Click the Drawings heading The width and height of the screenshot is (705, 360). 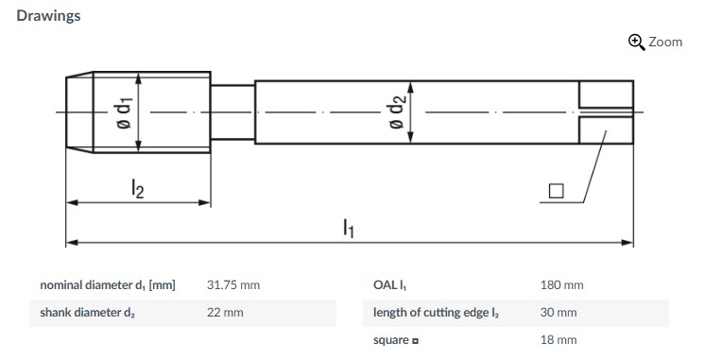(48, 16)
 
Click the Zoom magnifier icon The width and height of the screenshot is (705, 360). (636, 43)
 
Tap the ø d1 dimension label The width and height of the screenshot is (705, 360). (124, 112)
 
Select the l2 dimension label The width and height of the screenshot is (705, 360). (138, 188)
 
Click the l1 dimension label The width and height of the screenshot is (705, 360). (349, 228)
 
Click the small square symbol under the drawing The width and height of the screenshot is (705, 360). (557, 191)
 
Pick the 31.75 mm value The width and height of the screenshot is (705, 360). (233, 285)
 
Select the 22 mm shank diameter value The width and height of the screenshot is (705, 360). (225, 313)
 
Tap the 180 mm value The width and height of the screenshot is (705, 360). (562, 285)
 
